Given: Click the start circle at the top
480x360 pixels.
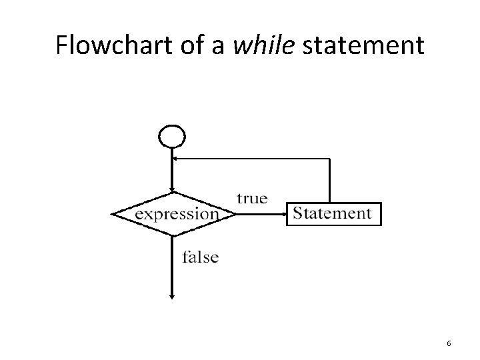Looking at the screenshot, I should (x=171, y=136).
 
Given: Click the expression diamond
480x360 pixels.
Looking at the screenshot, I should (x=174, y=214).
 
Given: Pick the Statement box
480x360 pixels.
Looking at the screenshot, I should (x=333, y=214).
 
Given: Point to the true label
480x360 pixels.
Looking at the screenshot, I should (x=252, y=198).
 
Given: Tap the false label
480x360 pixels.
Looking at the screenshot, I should (x=200, y=257).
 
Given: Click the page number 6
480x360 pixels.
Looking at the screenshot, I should (x=449, y=343).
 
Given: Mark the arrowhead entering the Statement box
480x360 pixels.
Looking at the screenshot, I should (x=283, y=215).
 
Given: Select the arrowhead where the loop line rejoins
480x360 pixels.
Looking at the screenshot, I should (x=175, y=159).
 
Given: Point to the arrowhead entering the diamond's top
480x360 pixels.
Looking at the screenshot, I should (x=172, y=190).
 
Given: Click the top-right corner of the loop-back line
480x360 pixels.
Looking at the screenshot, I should (x=329, y=159).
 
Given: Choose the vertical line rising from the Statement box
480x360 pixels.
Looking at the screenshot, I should (x=329, y=180).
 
